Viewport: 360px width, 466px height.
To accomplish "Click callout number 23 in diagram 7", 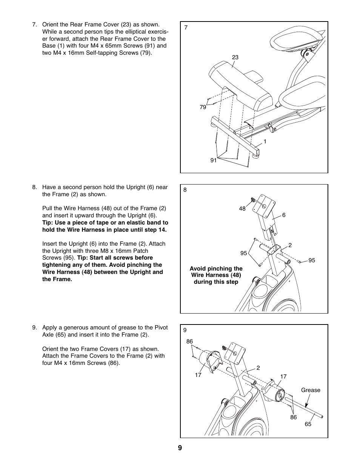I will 235,57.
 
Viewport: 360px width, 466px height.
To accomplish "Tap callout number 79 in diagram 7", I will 203,107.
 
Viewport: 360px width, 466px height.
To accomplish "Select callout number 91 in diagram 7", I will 214,160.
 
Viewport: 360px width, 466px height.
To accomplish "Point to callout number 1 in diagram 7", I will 265,141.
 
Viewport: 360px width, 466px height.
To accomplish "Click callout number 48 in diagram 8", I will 242,209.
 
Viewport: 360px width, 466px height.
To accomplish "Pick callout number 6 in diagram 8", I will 284,215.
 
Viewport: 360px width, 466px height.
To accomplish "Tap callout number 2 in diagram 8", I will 290,245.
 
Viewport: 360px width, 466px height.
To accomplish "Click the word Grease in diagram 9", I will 311,390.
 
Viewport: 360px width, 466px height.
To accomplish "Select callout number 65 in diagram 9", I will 308,424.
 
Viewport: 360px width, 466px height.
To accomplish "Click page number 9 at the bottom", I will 180,448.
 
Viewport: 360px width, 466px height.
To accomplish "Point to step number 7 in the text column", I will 34,25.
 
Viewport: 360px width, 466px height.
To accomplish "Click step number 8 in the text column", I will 34,187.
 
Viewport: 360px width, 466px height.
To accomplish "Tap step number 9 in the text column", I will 34,328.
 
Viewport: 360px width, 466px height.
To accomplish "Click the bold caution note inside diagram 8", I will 216,275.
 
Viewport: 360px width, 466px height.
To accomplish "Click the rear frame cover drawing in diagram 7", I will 242,87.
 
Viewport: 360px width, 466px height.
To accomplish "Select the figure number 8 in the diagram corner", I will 185,190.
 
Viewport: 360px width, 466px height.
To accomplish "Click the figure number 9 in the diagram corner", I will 185,330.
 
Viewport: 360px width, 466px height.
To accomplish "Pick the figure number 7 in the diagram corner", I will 186,27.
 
